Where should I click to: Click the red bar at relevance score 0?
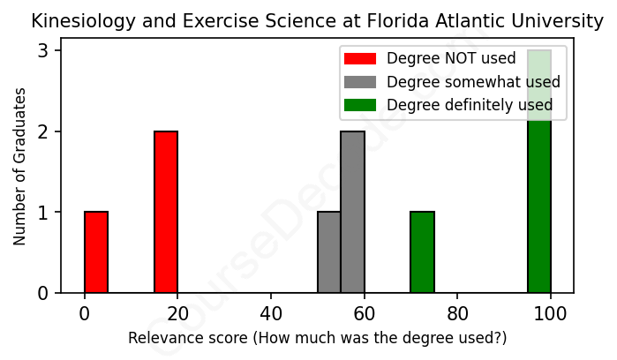tap(96, 252)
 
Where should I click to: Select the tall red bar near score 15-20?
tap(166, 212)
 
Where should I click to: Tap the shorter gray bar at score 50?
tap(328, 252)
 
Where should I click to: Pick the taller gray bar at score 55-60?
tap(352, 212)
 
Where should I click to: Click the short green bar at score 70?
tap(422, 252)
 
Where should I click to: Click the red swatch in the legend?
tap(360, 59)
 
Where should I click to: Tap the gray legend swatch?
tap(360, 82)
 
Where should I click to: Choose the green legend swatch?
tap(360, 105)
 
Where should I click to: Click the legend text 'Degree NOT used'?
tap(439, 59)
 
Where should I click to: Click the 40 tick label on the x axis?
tap(271, 311)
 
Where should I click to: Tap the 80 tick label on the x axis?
tap(458, 311)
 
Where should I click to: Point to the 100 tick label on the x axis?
tap(551, 311)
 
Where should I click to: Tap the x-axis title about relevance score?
tap(317, 338)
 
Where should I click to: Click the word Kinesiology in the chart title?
tap(75, 20)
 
